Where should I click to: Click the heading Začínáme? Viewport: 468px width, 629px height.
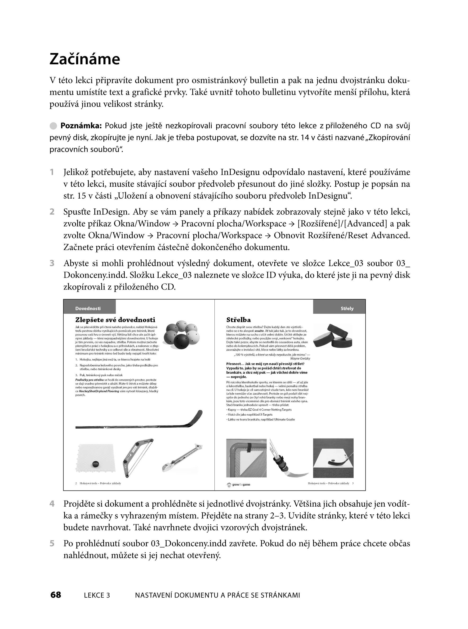85,59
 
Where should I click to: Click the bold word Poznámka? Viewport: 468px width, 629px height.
81,126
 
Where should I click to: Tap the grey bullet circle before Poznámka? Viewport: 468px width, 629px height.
53,126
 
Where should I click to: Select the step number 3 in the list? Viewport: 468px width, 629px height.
52,263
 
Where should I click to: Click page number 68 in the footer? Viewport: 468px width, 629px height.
56,595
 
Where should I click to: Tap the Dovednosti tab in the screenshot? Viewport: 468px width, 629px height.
88,308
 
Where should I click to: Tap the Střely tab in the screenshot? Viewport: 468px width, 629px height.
347,308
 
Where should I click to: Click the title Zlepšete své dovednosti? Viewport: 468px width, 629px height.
115,320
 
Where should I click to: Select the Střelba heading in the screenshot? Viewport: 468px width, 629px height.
239,320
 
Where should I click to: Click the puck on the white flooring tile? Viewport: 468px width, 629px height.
95,464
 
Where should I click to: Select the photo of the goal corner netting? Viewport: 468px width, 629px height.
246,458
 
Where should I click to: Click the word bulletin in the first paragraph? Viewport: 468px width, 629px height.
265,81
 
